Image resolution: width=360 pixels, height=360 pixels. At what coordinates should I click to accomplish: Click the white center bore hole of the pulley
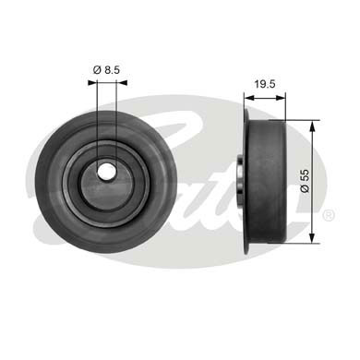[105, 172]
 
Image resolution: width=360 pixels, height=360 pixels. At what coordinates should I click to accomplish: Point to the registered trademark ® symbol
[329, 214]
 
